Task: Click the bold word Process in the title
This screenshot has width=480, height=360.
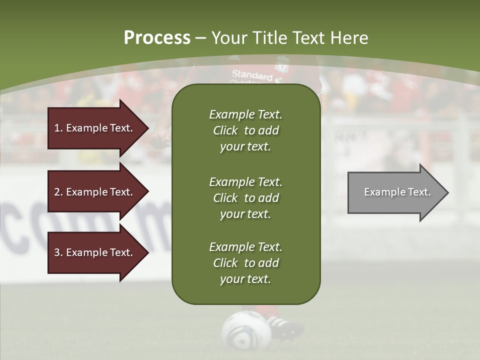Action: pyautogui.click(x=157, y=37)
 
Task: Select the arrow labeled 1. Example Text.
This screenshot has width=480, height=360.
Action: pyautogui.click(x=95, y=128)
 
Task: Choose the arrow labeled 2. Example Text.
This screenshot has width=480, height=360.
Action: pyautogui.click(x=95, y=192)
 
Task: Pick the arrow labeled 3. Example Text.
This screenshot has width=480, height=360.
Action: pyautogui.click(x=95, y=252)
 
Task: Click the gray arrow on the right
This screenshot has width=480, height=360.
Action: pyautogui.click(x=395, y=192)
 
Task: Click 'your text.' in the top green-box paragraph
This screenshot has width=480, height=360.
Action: pyautogui.click(x=245, y=147)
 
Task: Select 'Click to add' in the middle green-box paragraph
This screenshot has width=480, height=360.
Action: pyautogui.click(x=245, y=198)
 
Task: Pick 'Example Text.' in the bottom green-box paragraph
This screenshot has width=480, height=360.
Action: pyautogui.click(x=245, y=246)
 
